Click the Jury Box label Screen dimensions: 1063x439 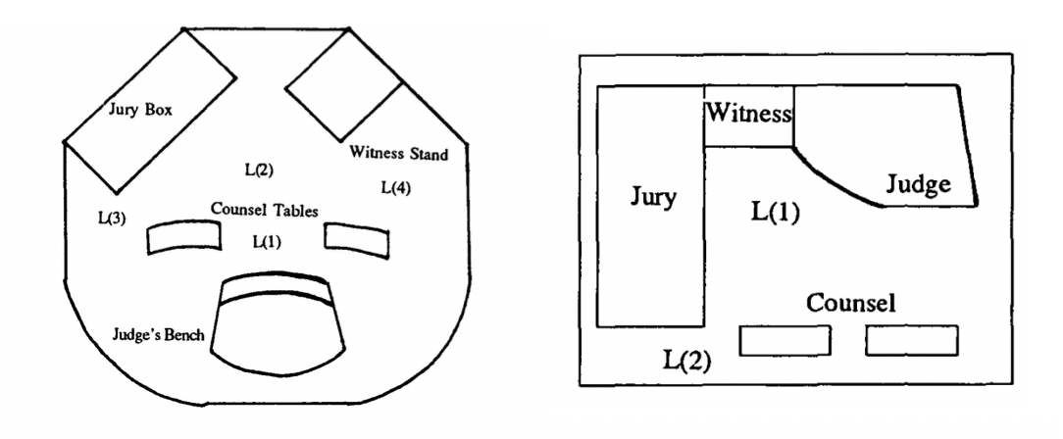tap(141, 109)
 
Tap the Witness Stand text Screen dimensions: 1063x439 tap(398, 153)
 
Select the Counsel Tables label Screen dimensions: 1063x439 tap(265, 210)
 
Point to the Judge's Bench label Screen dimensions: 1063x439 tap(158, 334)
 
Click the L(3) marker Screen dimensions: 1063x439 tap(112, 219)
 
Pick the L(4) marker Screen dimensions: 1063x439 tap(396, 187)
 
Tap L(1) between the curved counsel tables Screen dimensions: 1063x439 tap(267, 240)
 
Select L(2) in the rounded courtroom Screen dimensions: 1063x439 tap(259, 171)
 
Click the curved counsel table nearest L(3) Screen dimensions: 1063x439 tap(184, 238)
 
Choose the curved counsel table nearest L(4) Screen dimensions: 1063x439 tap(357, 240)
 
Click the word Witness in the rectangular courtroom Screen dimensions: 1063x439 tap(748, 113)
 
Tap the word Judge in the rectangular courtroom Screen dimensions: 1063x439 tap(919, 184)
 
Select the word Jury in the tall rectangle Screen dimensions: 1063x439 tap(653, 197)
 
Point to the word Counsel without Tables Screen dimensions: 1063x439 tap(851, 302)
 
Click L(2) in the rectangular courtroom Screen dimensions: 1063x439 tap(686, 361)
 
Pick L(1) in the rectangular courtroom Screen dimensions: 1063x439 tap(775, 212)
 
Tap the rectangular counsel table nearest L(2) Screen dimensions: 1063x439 tap(785, 341)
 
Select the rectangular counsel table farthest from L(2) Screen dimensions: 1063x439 tap(912, 341)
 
